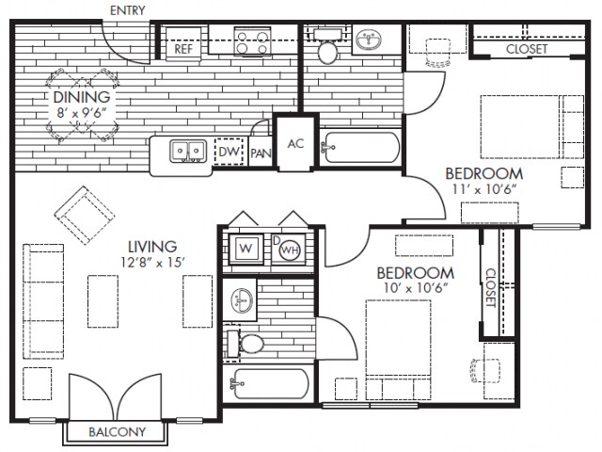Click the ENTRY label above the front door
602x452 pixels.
point(128,10)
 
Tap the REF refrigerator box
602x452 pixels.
point(183,43)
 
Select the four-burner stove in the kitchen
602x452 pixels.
point(252,41)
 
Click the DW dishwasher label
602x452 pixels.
point(229,152)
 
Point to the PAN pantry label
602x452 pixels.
point(261,153)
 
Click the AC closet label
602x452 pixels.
point(295,144)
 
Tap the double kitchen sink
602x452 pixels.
point(188,151)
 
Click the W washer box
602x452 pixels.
point(246,249)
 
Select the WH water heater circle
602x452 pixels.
point(290,250)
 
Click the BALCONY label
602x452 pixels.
point(117,432)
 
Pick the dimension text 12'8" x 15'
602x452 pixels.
point(153,263)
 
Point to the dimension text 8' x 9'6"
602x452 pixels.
point(81,113)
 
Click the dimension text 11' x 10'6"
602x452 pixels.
point(483,189)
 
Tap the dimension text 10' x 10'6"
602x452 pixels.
point(416,287)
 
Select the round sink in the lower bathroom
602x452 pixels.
point(243,299)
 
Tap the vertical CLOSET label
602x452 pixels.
point(491,287)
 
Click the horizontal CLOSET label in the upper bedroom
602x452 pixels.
point(527,49)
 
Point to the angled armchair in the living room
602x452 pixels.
point(85,216)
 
